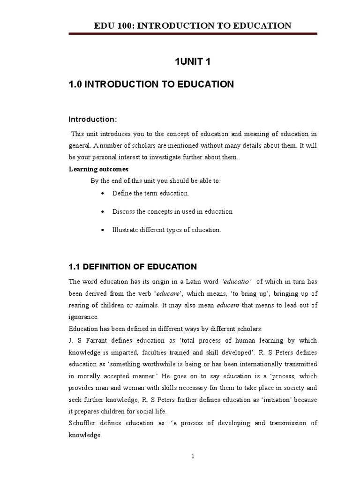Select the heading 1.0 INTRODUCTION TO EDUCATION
tap(151, 84)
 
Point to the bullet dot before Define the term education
tap(102, 194)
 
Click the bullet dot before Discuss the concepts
tap(102, 212)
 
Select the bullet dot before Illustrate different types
tap(102, 230)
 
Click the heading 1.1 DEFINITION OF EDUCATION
tap(133, 267)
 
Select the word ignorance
tap(84, 317)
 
